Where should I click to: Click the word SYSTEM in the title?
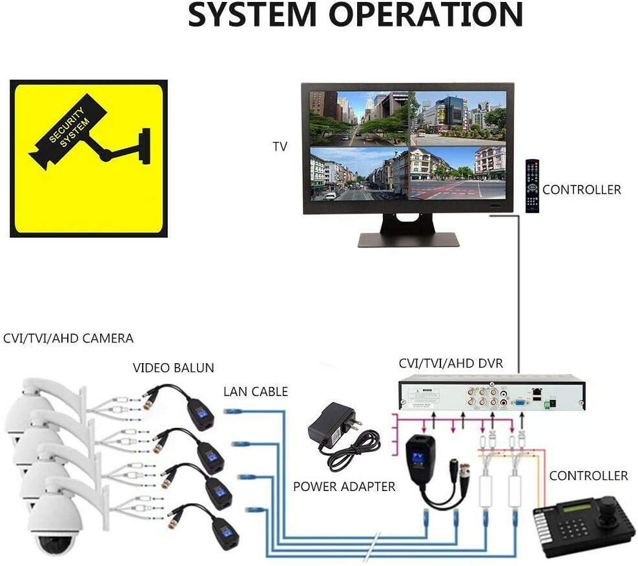(x=252, y=14)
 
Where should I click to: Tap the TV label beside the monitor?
(x=280, y=147)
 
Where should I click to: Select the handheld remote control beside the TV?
(x=532, y=185)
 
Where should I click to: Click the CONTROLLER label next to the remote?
(x=581, y=190)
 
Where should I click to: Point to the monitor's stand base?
(x=408, y=240)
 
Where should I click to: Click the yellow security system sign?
(x=88, y=158)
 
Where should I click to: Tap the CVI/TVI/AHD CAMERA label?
(x=68, y=339)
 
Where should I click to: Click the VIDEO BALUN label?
(x=173, y=368)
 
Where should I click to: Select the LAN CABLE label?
(x=256, y=392)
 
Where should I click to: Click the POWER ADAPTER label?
(x=344, y=487)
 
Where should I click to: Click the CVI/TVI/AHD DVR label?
(x=451, y=363)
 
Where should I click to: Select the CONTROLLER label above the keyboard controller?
(x=588, y=476)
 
